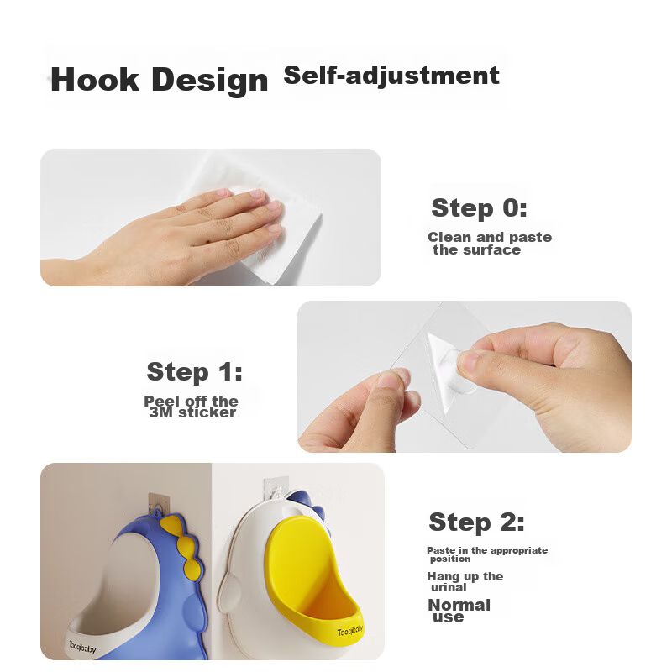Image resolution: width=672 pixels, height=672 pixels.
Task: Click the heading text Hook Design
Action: [x=159, y=80]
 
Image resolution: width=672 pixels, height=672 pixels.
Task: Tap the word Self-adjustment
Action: [x=391, y=76]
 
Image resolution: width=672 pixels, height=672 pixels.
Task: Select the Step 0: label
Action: [x=479, y=208]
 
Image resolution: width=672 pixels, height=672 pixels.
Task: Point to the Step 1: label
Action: [x=194, y=371]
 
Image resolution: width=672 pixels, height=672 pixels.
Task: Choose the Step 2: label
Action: [x=476, y=522]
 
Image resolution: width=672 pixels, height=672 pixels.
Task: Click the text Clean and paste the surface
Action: [x=490, y=244]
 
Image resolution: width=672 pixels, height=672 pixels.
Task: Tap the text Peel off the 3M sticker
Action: [x=192, y=407]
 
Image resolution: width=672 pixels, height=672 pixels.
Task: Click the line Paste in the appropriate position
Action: [x=487, y=554]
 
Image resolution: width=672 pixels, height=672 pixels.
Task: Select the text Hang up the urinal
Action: [x=465, y=582]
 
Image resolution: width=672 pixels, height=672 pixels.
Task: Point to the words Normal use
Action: [x=459, y=611]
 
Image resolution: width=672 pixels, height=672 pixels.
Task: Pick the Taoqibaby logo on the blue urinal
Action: [x=82, y=647]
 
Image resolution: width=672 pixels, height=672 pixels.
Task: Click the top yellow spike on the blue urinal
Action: [x=171, y=524]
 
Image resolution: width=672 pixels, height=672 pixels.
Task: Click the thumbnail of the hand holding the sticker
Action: [x=465, y=376]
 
